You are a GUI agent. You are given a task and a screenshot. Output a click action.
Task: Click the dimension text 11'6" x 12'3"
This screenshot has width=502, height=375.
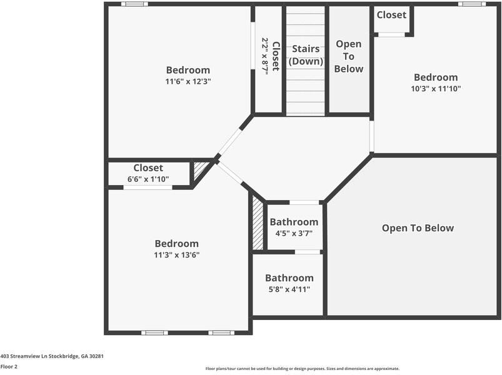[188, 81]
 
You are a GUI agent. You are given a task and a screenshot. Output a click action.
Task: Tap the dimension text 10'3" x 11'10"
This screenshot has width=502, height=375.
[436, 89]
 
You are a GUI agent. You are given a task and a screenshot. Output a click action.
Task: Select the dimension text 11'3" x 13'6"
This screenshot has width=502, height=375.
[177, 255]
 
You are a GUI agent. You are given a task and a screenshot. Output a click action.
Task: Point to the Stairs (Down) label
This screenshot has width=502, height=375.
[306, 55]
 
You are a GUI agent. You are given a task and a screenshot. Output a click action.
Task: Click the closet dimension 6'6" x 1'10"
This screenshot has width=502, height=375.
[148, 179]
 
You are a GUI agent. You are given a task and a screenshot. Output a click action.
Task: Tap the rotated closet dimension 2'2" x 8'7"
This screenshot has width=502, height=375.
[265, 56]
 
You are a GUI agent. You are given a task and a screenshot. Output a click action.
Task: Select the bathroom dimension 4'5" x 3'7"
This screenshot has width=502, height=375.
[294, 233]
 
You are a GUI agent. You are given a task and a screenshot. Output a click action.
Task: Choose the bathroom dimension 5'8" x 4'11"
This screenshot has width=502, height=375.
[289, 289]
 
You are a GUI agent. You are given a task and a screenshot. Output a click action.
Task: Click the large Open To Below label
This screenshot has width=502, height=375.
[418, 228]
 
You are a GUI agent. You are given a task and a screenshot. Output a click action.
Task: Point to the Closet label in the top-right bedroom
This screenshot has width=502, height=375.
[391, 14]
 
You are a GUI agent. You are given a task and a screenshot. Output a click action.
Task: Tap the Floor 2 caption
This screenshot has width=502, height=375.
[9, 367]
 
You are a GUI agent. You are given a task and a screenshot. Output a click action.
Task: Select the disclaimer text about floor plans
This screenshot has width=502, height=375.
[302, 369]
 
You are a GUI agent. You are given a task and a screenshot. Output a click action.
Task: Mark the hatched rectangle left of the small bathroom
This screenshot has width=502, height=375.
[258, 223]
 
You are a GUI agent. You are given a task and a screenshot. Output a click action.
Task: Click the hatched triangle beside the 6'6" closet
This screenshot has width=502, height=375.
[200, 170]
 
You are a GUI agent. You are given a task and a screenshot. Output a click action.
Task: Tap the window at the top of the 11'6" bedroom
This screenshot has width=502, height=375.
[134, 4]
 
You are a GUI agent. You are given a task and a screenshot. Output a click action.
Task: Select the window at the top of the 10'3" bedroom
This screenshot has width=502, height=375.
[471, 4]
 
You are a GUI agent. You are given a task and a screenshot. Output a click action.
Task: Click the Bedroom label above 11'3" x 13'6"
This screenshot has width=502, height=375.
[177, 244]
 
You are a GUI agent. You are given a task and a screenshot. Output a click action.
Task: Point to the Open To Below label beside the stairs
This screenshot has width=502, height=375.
[348, 56]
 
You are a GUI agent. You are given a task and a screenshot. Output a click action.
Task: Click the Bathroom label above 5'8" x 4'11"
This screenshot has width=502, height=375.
[289, 278]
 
